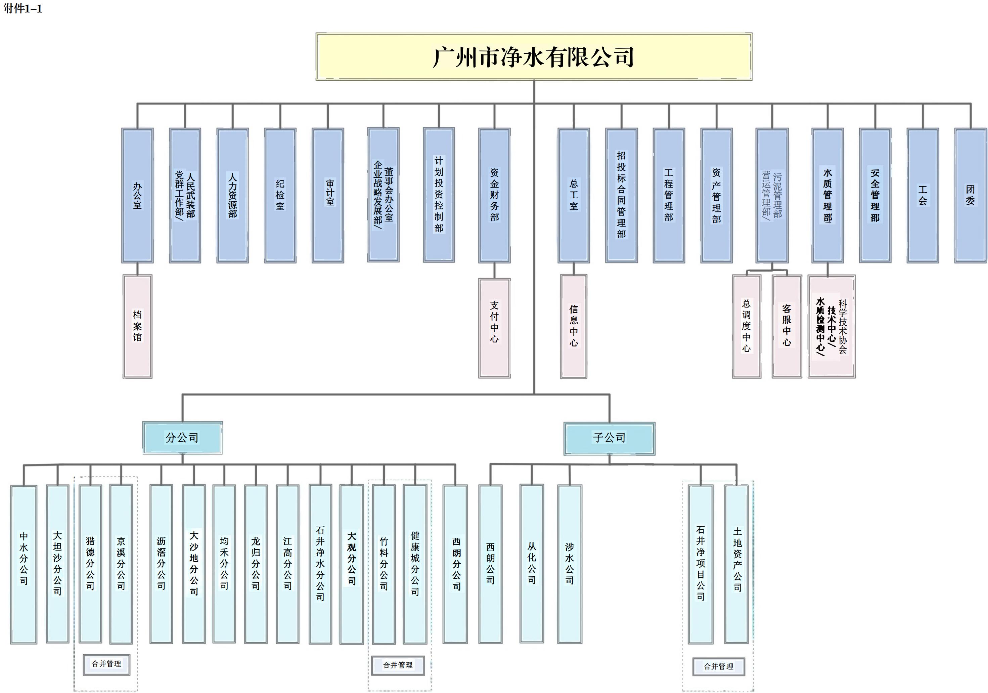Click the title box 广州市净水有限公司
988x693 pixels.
(x=534, y=57)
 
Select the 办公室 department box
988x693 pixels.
(x=137, y=195)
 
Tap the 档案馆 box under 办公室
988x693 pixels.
(x=137, y=326)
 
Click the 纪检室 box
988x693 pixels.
(x=280, y=195)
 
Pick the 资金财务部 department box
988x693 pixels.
(x=494, y=195)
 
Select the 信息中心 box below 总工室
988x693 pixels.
(x=574, y=326)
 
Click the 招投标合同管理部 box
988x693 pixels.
(x=621, y=195)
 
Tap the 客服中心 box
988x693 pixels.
(x=787, y=326)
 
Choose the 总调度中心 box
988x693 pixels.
(x=747, y=326)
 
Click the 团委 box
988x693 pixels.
(x=970, y=195)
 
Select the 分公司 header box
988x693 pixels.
(x=182, y=438)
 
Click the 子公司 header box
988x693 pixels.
(x=609, y=438)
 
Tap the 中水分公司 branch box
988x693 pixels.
(x=24, y=564)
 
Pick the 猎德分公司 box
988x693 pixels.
(x=90, y=564)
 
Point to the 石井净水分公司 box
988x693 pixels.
(x=320, y=564)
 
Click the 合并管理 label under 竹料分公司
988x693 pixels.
(x=398, y=665)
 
